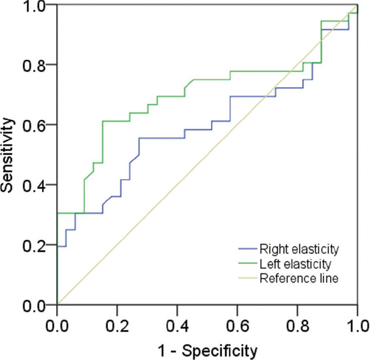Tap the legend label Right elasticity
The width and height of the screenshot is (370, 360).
click(299, 249)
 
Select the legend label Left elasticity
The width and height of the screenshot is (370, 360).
click(295, 263)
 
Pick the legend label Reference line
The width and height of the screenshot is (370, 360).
click(299, 278)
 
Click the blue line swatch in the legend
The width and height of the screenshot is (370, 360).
click(247, 249)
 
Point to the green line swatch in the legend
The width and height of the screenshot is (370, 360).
click(247, 264)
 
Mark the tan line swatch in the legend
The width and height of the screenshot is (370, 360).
click(247, 279)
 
